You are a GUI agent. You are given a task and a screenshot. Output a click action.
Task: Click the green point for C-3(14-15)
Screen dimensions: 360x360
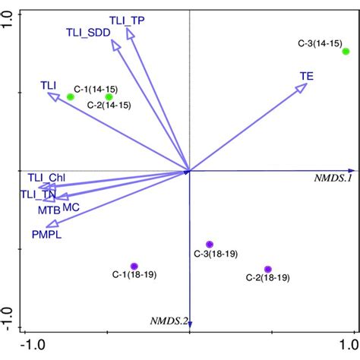tap(346, 52)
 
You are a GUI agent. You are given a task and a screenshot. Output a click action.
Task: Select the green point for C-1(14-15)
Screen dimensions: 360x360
tap(71, 96)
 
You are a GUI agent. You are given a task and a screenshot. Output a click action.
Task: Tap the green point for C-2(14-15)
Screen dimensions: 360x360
tap(109, 96)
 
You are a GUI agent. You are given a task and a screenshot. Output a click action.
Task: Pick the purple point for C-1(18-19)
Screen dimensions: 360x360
tap(134, 266)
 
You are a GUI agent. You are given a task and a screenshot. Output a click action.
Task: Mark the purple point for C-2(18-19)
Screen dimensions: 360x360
tap(268, 270)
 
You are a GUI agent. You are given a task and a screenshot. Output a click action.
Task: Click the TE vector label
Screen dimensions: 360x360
tap(307, 75)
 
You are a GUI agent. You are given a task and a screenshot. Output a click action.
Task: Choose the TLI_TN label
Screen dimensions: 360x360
tap(37, 194)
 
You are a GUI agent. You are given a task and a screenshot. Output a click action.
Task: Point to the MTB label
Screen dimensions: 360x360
tap(49, 209)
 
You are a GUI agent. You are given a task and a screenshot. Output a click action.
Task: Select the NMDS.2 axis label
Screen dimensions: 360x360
tap(169, 321)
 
